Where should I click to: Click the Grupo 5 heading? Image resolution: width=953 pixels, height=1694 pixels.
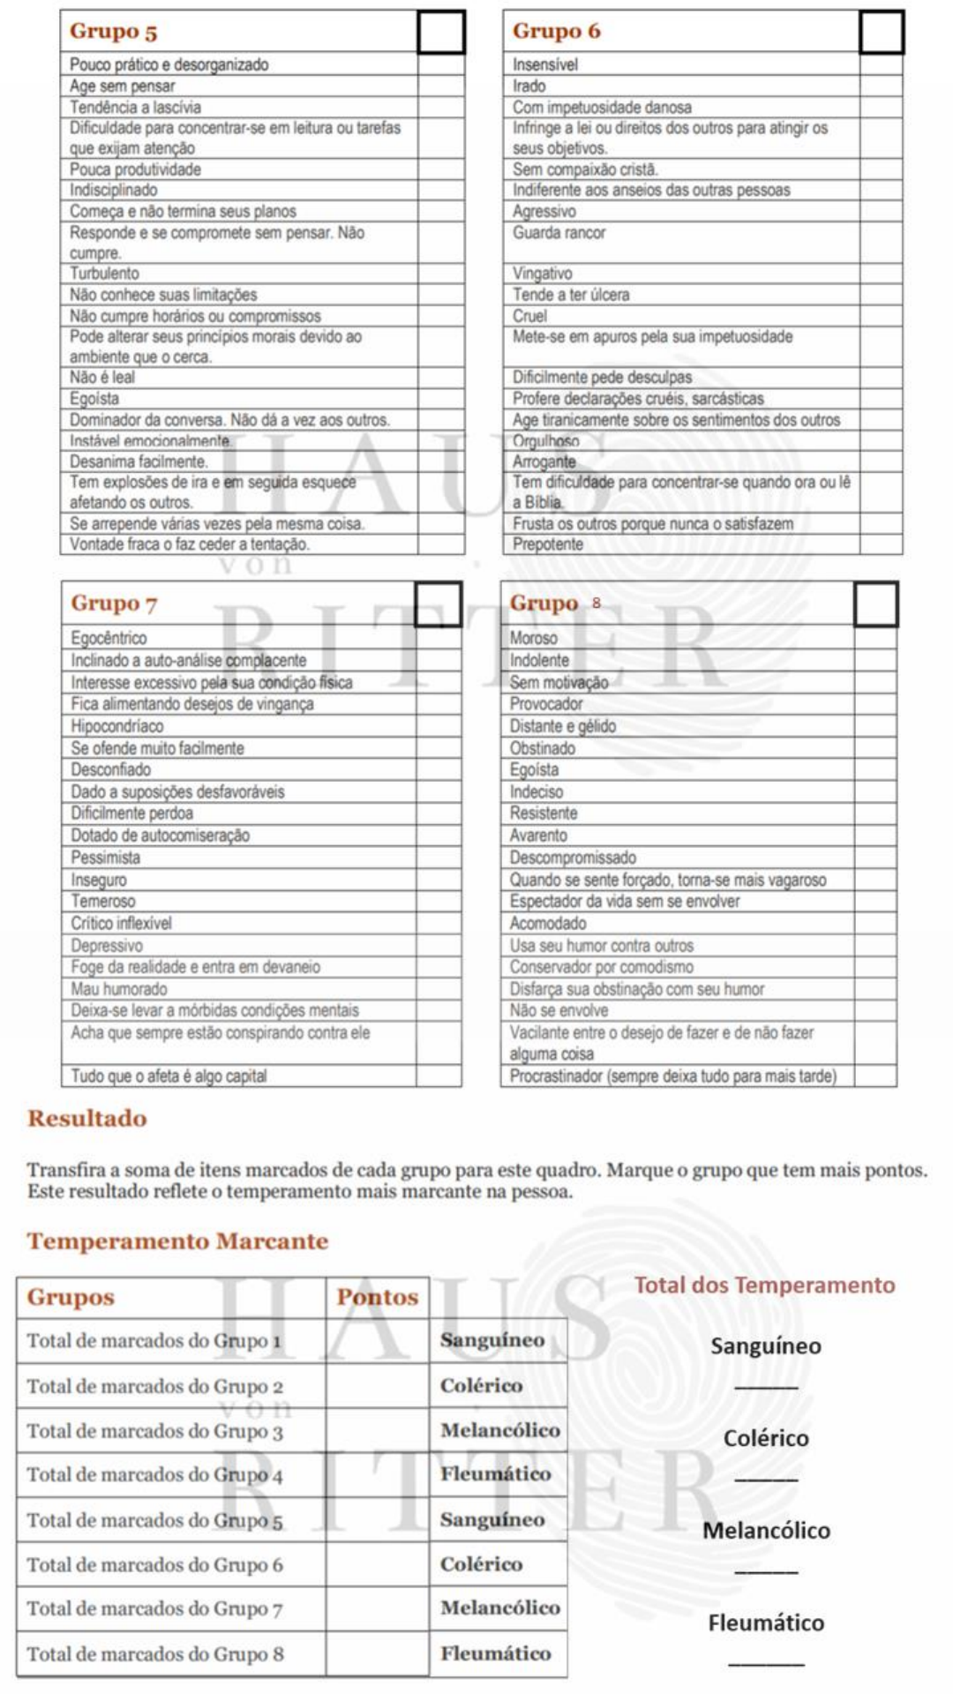click(x=113, y=31)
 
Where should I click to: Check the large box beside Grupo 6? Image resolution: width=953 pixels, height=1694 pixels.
click(x=881, y=33)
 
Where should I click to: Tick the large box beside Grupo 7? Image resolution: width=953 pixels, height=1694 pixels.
click(x=439, y=604)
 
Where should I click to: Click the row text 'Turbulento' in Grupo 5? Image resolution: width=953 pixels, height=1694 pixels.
click(x=104, y=274)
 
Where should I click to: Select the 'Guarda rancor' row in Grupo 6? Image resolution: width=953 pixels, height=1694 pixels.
click(x=559, y=233)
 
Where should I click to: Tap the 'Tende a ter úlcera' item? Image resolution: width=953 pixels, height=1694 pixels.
click(x=571, y=295)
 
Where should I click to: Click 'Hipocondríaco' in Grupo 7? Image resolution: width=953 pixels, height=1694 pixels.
click(x=117, y=726)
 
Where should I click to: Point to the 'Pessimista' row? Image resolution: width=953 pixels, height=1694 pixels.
click(x=106, y=858)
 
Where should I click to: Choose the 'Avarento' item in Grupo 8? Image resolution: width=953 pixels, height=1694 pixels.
click(x=538, y=836)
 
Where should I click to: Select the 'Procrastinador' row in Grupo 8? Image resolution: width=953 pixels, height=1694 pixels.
click(x=672, y=1076)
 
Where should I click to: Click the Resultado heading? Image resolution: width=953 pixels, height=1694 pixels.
click(x=87, y=1118)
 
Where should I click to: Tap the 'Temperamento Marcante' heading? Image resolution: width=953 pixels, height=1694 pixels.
click(x=177, y=1241)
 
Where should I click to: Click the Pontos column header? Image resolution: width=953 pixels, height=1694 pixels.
click(x=377, y=1297)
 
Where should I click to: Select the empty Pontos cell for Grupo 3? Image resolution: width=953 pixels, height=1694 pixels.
click(x=377, y=1431)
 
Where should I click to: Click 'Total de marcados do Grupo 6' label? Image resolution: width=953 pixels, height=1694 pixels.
click(x=154, y=1565)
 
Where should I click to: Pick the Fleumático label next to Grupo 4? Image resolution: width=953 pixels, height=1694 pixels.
click(x=495, y=1474)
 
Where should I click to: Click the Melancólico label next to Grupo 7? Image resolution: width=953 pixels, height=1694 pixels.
click(x=499, y=1608)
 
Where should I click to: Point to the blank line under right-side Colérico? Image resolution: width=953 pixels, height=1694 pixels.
click(x=766, y=1479)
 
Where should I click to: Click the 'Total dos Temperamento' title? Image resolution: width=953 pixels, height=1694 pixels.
click(x=764, y=1285)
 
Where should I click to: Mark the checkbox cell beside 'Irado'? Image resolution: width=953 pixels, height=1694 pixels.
click(x=881, y=86)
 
